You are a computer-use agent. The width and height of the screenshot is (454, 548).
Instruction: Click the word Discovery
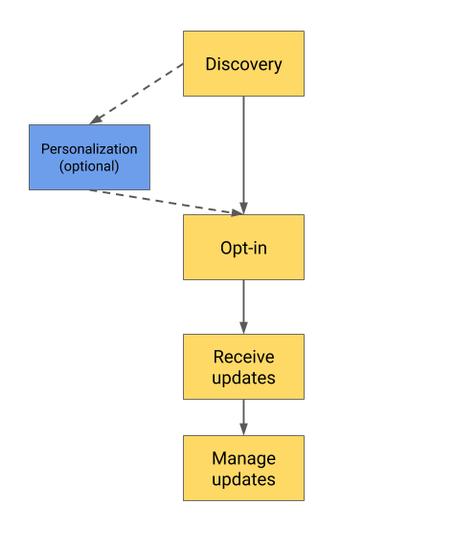pos(243,64)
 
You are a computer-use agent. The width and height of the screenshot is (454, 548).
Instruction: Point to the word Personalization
pos(89,149)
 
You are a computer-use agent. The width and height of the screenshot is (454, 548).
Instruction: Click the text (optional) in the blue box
pos(89,165)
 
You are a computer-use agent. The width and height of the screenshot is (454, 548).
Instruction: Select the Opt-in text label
pos(243,248)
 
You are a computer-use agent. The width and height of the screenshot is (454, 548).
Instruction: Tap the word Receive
pos(243,358)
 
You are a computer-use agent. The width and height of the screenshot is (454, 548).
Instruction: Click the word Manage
pos(243,459)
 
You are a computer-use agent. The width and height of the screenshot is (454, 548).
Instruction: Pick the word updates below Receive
pos(243,378)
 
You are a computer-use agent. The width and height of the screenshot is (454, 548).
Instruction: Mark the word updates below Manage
pos(243,479)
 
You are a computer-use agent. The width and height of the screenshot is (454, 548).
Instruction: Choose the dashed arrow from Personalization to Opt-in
pos(163,201)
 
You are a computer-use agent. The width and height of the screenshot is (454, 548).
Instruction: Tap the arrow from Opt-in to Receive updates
pos(243,306)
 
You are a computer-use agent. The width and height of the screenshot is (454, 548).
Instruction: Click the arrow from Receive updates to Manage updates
pos(243,416)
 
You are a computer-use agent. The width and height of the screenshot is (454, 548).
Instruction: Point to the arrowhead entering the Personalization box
pos(95,121)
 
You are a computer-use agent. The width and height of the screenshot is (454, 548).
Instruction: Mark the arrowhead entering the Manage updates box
pos(243,430)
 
